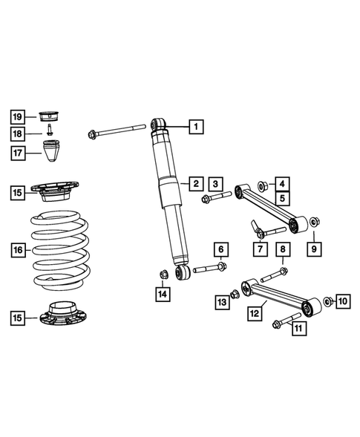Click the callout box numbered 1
point(195,127)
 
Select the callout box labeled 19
point(18,116)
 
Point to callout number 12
point(254,314)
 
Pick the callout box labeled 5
point(283,199)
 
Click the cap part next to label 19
point(49,115)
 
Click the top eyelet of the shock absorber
point(158,124)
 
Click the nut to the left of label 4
point(261,183)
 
